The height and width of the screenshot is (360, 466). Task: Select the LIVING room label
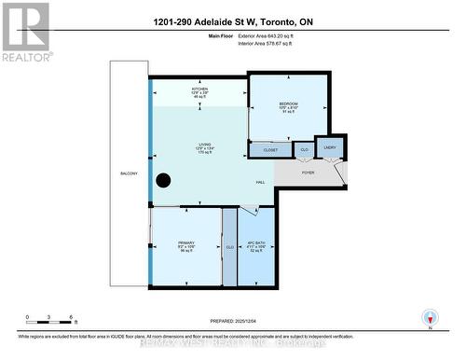(204, 145)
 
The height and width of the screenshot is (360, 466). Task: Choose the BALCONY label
(129, 174)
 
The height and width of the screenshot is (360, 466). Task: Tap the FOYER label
(308, 173)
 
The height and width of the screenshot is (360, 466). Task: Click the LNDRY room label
(330, 146)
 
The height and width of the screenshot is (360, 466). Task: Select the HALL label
(261, 182)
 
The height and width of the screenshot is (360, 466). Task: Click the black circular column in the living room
(163, 180)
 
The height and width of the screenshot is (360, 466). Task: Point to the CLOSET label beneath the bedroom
(270, 149)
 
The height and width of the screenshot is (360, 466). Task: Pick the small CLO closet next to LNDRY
(305, 147)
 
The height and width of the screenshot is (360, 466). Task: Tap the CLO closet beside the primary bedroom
(229, 247)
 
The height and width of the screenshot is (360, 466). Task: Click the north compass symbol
(429, 318)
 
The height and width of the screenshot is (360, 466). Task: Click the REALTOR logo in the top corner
(24, 32)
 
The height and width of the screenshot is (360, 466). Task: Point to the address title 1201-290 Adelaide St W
(233, 20)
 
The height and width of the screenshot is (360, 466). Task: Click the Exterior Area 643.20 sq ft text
(272, 35)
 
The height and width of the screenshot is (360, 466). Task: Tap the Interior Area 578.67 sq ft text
(272, 43)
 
